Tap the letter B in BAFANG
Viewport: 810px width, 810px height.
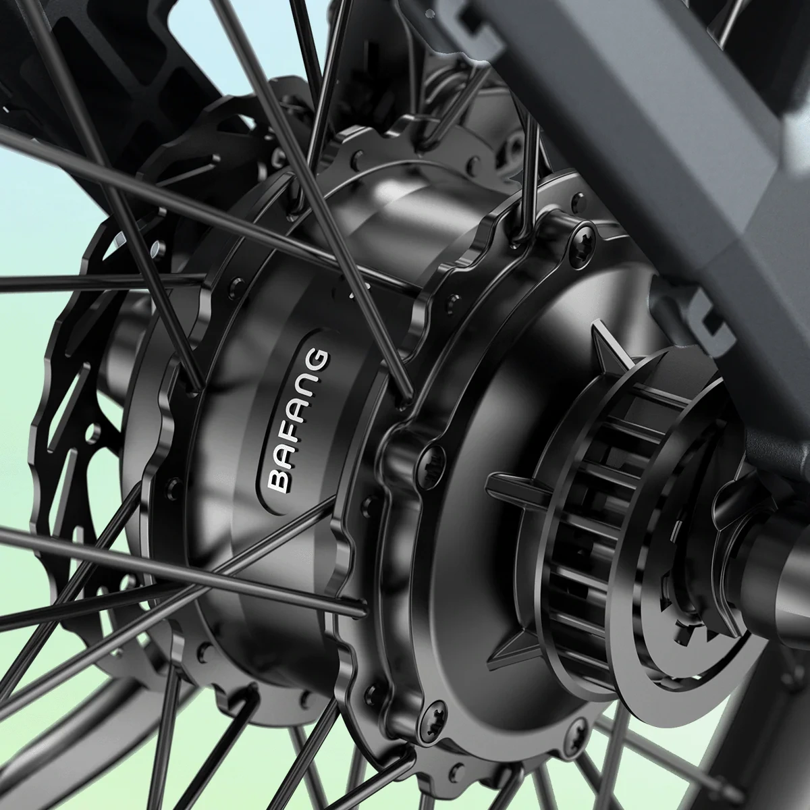click(x=279, y=479)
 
